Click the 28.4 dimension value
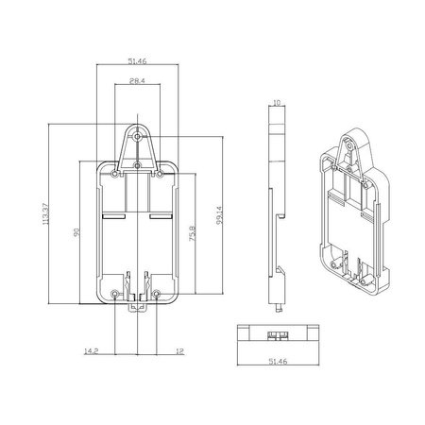pyautogui.click(x=136, y=81)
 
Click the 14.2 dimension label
pyautogui.click(x=91, y=352)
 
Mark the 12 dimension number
pyautogui.click(x=179, y=352)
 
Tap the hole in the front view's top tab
pyautogui.click(x=138, y=137)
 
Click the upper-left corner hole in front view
pyautogui.click(x=115, y=175)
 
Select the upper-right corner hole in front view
pyautogui.click(x=161, y=175)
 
